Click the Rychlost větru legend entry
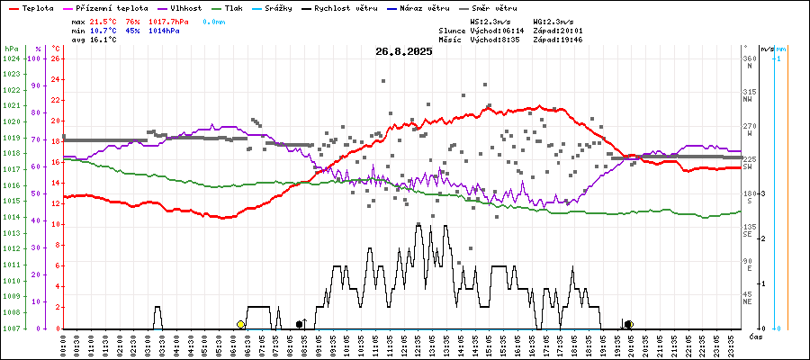pyautogui.click(x=351, y=7)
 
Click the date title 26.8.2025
pyautogui.click(x=404, y=51)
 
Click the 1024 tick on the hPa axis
pyautogui.click(x=11, y=58)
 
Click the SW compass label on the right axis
pyautogui.click(x=749, y=167)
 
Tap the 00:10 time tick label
pyautogui.click(x=64, y=343)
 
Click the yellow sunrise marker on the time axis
pyautogui.click(x=240, y=324)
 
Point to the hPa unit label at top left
pyautogui.click(x=11, y=48)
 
